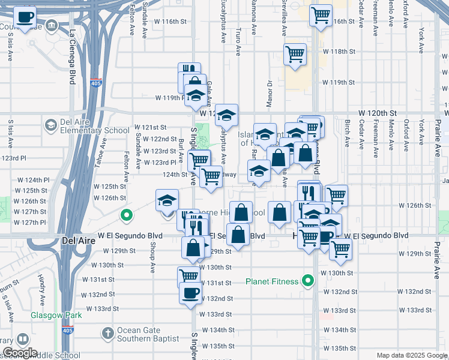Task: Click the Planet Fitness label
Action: (272, 281)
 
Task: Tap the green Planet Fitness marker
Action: (309, 280)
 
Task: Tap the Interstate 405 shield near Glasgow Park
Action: (67, 330)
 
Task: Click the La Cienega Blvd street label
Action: (73, 56)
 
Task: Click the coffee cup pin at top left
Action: (25, 17)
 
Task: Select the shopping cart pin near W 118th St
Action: (295, 54)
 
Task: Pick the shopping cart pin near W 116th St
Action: (321, 14)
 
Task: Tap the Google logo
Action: (19, 353)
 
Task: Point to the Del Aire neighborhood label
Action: (76, 240)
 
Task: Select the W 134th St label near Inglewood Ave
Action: (218, 330)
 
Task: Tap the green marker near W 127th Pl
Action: (127, 214)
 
